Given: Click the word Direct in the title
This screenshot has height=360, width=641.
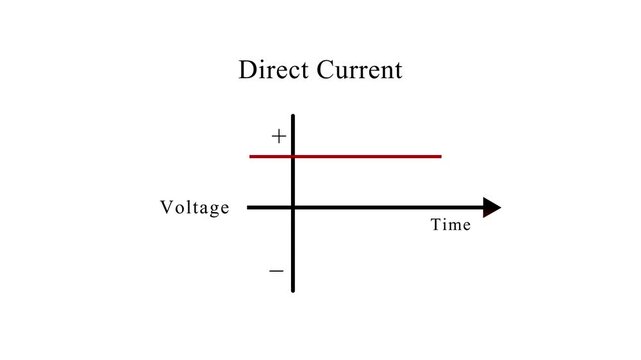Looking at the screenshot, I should [273, 71].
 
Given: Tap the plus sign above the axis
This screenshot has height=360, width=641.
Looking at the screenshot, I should [278, 136].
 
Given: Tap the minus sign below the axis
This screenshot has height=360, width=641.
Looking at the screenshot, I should [277, 271].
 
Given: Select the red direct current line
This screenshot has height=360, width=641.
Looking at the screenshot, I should [370, 156].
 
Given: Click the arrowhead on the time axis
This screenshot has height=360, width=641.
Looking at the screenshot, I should [491, 207].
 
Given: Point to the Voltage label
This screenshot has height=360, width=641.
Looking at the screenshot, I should [195, 208].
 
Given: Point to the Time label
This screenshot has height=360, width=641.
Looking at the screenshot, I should [450, 225].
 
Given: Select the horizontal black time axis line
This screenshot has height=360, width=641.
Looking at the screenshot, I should [390, 207].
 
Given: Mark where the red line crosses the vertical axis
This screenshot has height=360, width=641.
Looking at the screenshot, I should [293, 156].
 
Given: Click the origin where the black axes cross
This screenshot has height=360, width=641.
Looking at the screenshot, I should [293, 207].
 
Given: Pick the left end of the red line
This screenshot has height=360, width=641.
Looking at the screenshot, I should [251, 156].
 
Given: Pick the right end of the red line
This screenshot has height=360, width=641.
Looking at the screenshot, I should [440, 156].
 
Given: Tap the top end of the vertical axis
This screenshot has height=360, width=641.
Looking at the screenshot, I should [293, 116].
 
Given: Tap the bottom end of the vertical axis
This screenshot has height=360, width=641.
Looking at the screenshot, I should [293, 290].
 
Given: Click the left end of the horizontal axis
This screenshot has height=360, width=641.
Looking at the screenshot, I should [248, 207].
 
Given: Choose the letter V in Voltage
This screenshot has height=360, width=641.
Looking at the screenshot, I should [166, 208].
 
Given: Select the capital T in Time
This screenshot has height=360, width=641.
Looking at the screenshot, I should [436, 225].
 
